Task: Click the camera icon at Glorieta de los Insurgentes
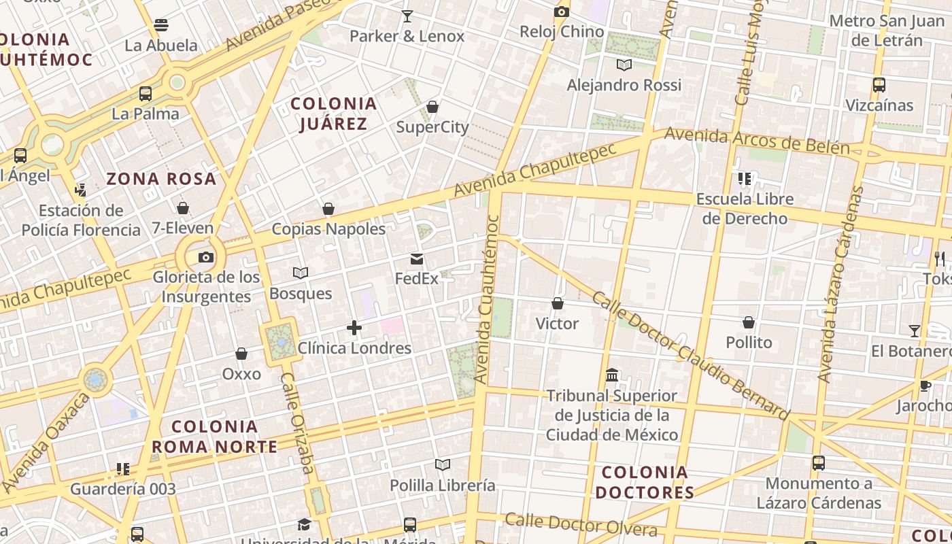[206, 257]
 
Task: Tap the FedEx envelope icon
[417, 259]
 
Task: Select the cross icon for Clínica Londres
[354, 328]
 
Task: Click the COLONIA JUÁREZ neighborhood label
[333, 114]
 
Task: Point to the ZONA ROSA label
[161, 180]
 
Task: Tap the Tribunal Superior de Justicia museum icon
[612, 375]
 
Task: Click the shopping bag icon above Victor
[558, 303]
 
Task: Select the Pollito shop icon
[749, 322]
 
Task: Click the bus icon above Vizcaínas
[879, 85]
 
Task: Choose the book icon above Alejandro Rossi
[624, 65]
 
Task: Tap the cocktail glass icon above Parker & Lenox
[407, 16]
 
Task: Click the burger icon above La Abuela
[161, 26]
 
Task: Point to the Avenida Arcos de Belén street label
[757, 139]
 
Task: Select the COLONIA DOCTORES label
[645, 482]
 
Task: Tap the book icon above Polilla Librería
[443, 465]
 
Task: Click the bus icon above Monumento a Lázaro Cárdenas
[819, 463]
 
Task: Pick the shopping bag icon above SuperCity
[432, 107]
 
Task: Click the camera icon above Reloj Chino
[561, 12]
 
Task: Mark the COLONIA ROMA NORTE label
[214, 437]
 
